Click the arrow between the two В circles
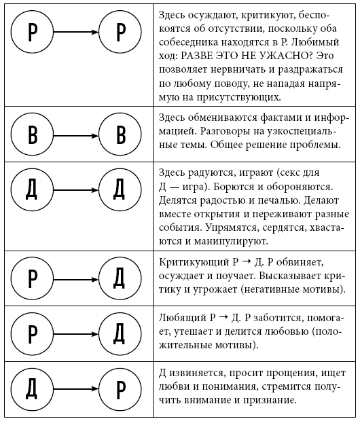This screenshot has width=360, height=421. click(76, 134)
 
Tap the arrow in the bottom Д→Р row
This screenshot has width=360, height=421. click(76, 388)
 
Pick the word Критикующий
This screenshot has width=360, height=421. click(190, 262)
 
